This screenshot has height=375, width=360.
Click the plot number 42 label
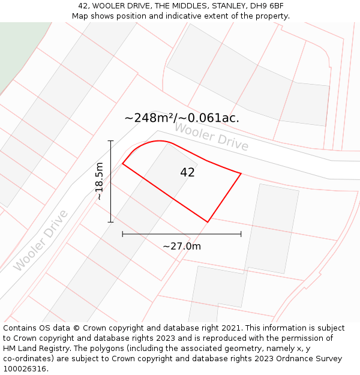(187, 172)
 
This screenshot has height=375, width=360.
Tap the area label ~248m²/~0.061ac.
(181, 118)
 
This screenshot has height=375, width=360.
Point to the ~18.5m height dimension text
(99, 181)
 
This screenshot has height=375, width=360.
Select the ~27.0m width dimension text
(181, 246)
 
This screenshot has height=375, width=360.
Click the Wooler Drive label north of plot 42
(211, 137)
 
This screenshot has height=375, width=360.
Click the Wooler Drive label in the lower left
(41, 240)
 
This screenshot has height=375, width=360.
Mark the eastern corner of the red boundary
(241, 173)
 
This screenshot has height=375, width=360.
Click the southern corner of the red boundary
(208, 222)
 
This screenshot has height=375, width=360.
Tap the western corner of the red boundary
(122, 163)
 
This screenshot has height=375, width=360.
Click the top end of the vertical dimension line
(110, 140)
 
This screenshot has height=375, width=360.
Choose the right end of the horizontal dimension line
(241, 234)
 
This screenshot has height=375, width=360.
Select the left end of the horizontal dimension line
(122, 234)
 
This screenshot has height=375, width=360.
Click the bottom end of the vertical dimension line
(110, 222)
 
